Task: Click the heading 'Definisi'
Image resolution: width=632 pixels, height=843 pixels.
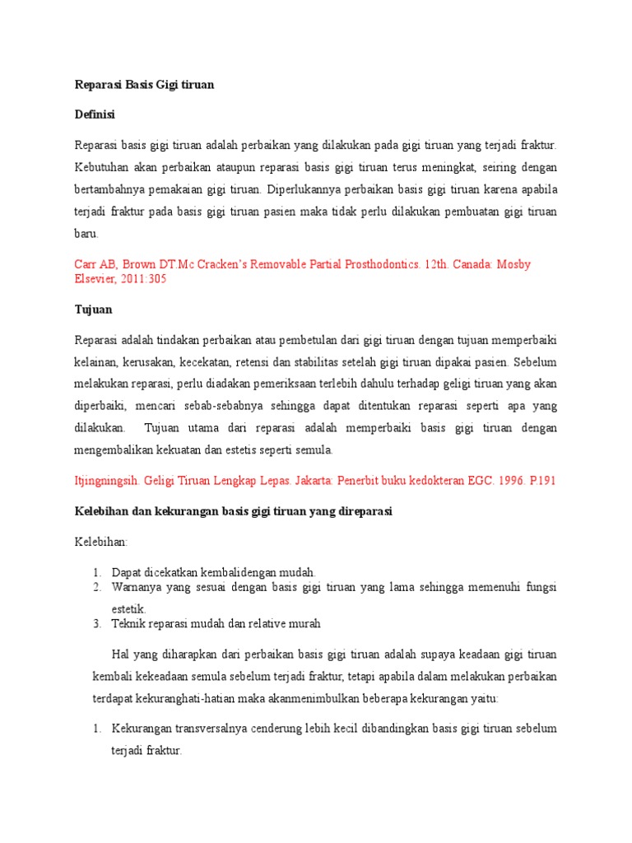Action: coord(95,114)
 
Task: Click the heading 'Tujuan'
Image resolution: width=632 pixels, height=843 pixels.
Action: coord(93,310)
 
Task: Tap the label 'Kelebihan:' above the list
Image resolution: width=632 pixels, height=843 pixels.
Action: coord(102,543)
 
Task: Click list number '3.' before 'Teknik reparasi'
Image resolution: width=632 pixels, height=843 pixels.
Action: coord(96,623)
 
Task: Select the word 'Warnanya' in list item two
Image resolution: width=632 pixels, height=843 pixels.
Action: coord(137,587)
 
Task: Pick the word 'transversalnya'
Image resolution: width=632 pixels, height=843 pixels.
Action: coord(210,729)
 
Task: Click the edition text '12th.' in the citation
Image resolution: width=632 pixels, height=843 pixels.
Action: coord(432,264)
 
